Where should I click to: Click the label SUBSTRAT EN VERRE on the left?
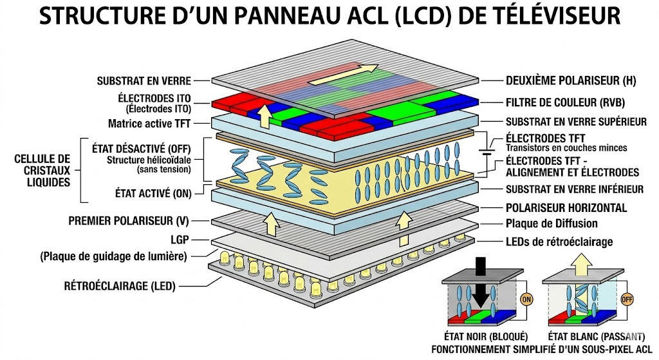point(144,81)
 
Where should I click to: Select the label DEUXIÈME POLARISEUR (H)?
point(562,81)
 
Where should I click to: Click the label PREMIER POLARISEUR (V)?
point(128,221)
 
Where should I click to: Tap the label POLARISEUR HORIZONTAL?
point(566,208)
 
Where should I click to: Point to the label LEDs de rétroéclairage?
point(559,242)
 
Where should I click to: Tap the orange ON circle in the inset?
point(526,299)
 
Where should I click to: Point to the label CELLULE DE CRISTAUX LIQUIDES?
point(42,170)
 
